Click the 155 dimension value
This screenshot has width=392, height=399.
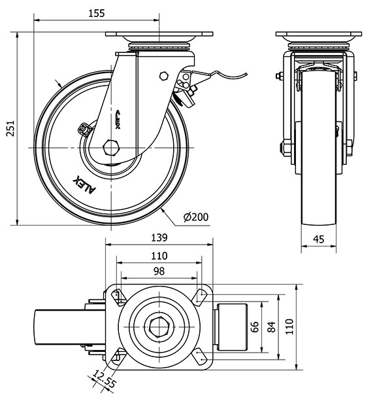tap(95, 12)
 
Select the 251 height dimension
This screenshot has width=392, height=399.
tap(9, 130)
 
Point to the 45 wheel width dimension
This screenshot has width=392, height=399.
tap(319, 239)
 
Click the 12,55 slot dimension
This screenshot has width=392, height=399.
tap(102, 379)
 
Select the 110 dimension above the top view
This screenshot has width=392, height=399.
tap(159, 255)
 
